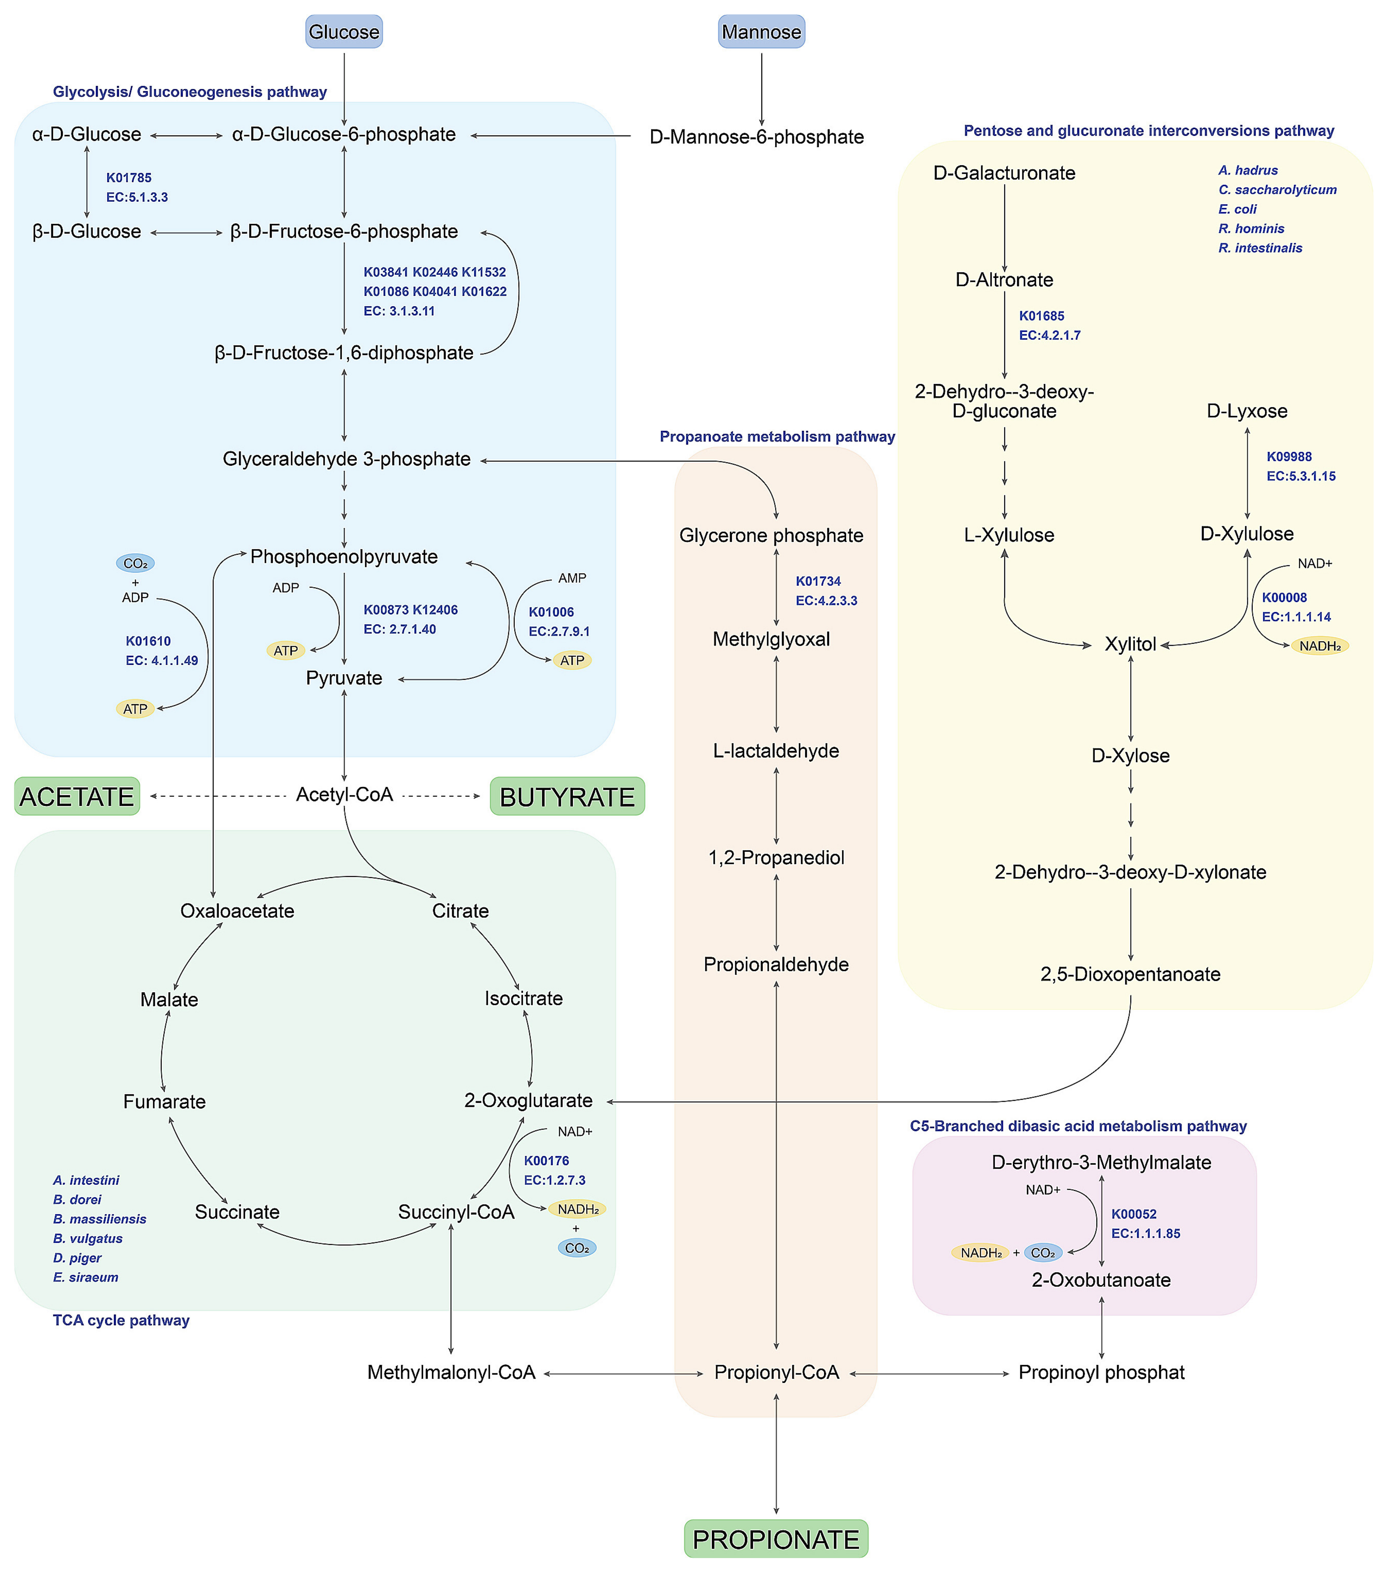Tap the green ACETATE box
click(77, 796)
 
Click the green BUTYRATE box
click(567, 796)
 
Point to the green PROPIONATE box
click(775, 1539)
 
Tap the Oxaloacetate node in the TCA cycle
click(237, 911)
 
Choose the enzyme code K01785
click(128, 178)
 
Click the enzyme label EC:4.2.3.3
click(826, 600)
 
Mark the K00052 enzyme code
click(1133, 1214)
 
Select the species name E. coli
click(1237, 209)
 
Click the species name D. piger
click(77, 1257)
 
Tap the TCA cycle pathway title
click(121, 1320)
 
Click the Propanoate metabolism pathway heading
click(777, 437)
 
